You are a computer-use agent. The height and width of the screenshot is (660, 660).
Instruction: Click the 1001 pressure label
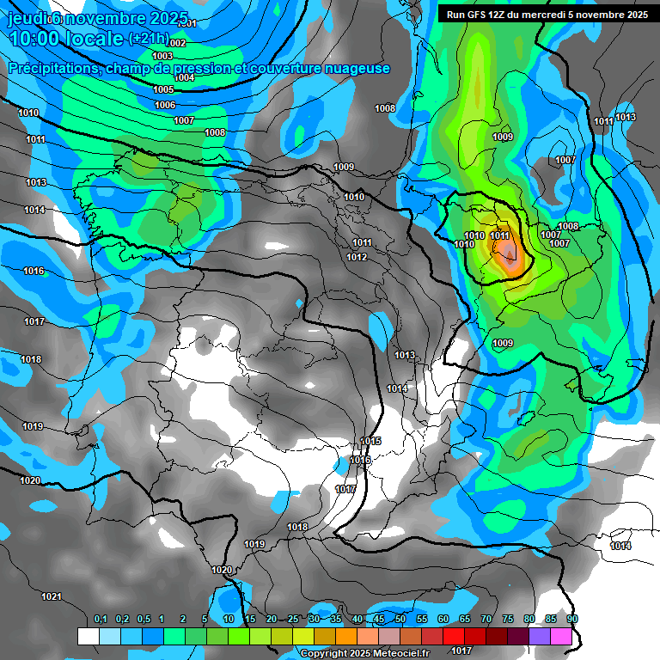187,24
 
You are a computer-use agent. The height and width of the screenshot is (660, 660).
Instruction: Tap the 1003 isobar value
162,56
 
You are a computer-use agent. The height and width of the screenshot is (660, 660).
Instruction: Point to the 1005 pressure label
163,89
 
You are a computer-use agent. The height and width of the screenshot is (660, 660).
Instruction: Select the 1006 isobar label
165,105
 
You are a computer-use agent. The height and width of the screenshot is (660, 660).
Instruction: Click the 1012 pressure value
357,257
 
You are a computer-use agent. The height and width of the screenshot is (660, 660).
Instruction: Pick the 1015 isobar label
370,441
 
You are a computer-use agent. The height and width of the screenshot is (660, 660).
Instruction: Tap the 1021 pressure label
52,596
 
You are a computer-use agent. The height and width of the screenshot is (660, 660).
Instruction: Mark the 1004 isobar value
184,77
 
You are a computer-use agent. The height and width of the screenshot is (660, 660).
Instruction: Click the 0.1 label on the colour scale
100,620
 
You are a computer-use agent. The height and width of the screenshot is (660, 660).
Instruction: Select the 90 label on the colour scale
572,620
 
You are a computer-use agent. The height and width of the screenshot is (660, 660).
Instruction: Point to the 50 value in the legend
400,620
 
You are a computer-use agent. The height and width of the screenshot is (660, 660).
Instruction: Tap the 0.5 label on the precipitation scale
143,620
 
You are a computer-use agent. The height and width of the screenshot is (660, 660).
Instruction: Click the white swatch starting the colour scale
88,636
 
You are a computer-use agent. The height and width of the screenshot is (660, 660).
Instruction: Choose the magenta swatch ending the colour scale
561,636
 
